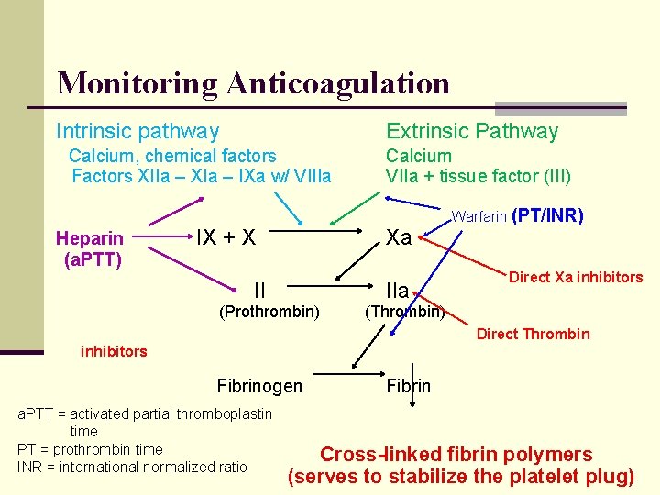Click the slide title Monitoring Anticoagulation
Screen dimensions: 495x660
[x=253, y=83]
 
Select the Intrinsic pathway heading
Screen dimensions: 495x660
[x=137, y=132]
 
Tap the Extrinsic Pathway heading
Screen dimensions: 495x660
[x=471, y=132]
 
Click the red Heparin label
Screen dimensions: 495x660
[x=90, y=239]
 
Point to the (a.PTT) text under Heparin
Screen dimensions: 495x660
[x=93, y=259]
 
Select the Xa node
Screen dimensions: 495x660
[x=399, y=237]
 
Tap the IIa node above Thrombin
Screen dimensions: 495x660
[x=397, y=291]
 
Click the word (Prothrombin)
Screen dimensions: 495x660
[x=269, y=313]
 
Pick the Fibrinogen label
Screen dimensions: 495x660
[x=258, y=386]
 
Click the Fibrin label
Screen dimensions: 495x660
[x=408, y=386]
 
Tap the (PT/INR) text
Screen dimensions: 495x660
[x=548, y=216]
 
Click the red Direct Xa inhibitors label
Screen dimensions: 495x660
[x=576, y=277]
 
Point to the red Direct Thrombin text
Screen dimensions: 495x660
[x=533, y=334]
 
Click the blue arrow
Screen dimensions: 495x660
[x=290, y=209]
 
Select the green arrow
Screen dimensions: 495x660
[x=353, y=208]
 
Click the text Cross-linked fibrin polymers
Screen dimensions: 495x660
[x=456, y=455]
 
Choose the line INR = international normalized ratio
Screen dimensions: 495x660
[x=132, y=467]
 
